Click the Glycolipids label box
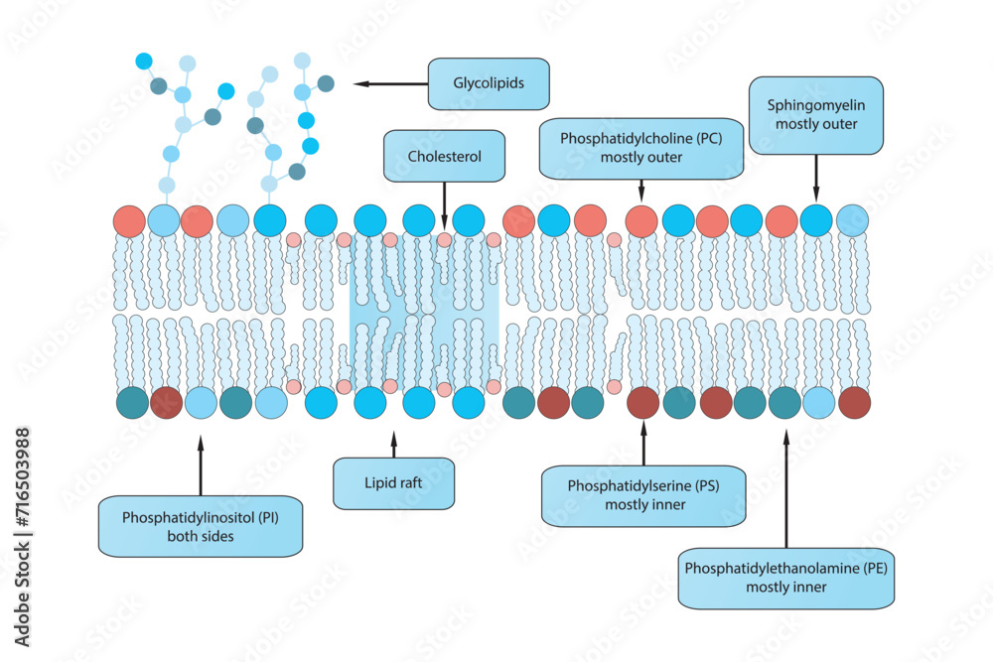489,83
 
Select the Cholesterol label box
444,157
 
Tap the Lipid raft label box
394,483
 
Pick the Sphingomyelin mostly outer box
815,115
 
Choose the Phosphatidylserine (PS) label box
642,495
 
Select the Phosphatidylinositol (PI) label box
201,526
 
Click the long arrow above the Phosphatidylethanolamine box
787,486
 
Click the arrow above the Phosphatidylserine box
643,442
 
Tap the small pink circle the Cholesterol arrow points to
444,240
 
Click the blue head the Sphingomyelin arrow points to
816,220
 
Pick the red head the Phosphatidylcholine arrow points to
641,220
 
